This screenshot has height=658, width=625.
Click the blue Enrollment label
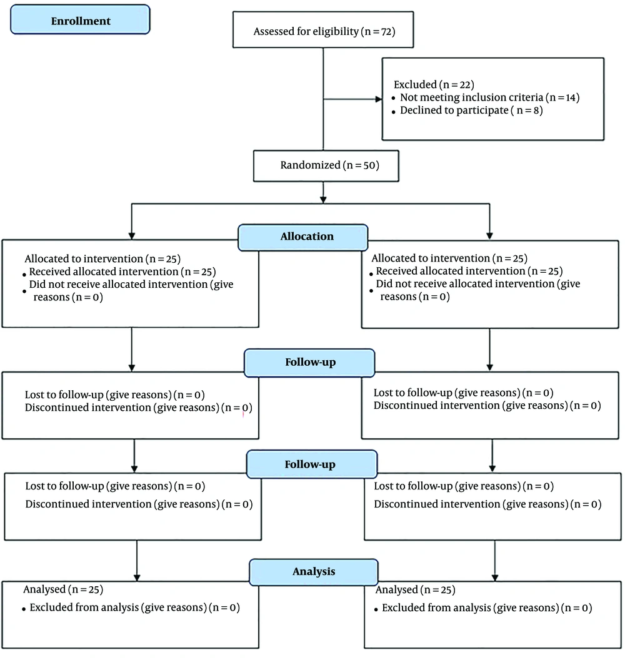pyautogui.click(x=80, y=19)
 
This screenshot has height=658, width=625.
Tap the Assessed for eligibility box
pyautogui.click(x=323, y=29)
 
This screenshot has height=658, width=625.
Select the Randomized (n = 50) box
pyautogui.click(x=326, y=166)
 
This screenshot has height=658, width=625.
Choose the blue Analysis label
pyautogui.click(x=314, y=572)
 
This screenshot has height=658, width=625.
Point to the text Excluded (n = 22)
pyautogui.click(x=434, y=85)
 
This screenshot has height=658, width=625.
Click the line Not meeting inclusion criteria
pyautogui.click(x=490, y=97)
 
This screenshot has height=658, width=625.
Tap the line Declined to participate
pyautogui.click(x=471, y=110)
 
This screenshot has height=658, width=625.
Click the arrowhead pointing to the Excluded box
pyautogui.click(x=379, y=99)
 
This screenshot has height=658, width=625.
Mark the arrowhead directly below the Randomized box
pyautogui.click(x=323, y=200)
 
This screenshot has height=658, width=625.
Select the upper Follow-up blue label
pyautogui.click(x=309, y=363)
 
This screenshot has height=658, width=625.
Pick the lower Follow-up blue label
pyautogui.click(x=312, y=464)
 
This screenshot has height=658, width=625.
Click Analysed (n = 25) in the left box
pyautogui.click(x=63, y=589)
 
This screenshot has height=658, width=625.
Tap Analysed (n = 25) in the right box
pyautogui.click(x=415, y=590)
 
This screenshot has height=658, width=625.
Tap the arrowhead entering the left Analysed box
pyautogui.click(x=136, y=578)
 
